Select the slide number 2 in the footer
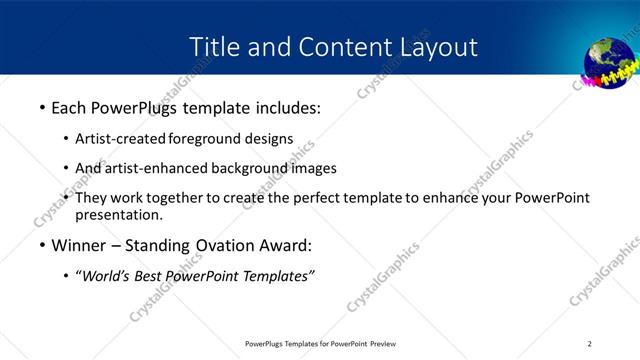coord(590,343)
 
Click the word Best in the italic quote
coord(152,277)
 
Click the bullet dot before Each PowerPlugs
coord(41,108)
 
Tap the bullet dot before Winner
coord(41,246)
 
